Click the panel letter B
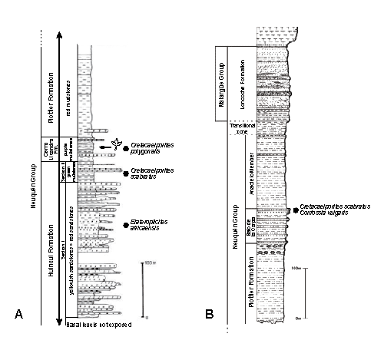pos(210,314)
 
